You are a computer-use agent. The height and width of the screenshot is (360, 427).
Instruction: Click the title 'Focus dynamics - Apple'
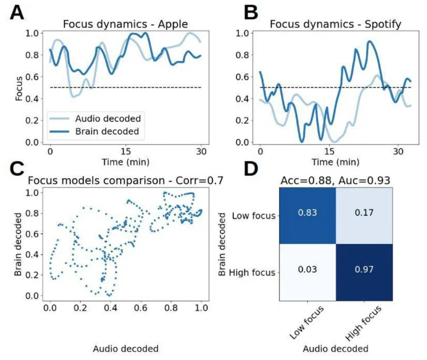coord(126,24)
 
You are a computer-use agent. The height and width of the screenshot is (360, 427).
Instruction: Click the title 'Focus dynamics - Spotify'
coord(335,24)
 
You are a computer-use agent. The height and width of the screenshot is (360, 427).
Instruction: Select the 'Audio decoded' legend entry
coord(108,119)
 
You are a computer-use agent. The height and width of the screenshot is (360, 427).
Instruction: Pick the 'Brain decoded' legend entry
coord(108,131)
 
